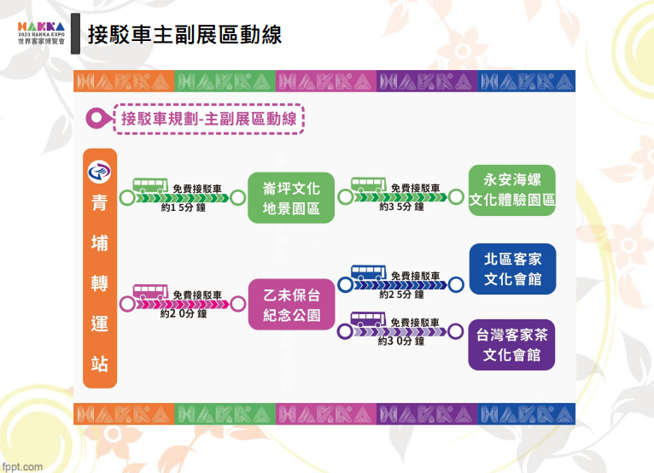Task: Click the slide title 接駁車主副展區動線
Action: point(184,35)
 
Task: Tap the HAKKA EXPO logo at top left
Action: point(41,33)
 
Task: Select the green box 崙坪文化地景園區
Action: point(291,198)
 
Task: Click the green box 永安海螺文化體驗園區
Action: point(511,190)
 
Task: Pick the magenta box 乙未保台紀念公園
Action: point(291,305)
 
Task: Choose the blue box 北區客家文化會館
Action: point(512,269)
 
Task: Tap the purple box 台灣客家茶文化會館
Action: point(511,345)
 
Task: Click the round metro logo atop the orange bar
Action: point(99,172)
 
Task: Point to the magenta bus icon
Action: point(150,291)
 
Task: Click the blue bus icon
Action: point(368,272)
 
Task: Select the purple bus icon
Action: point(368,319)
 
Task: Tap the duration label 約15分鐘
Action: point(184,207)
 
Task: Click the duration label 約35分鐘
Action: point(401,207)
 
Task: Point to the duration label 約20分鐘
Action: point(184,313)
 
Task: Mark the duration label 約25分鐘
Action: point(401,295)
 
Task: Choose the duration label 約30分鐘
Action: point(401,341)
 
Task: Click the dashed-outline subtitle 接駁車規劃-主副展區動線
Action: point(209,119)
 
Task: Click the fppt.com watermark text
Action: point(22,467)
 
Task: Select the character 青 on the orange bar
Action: point(100,202)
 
